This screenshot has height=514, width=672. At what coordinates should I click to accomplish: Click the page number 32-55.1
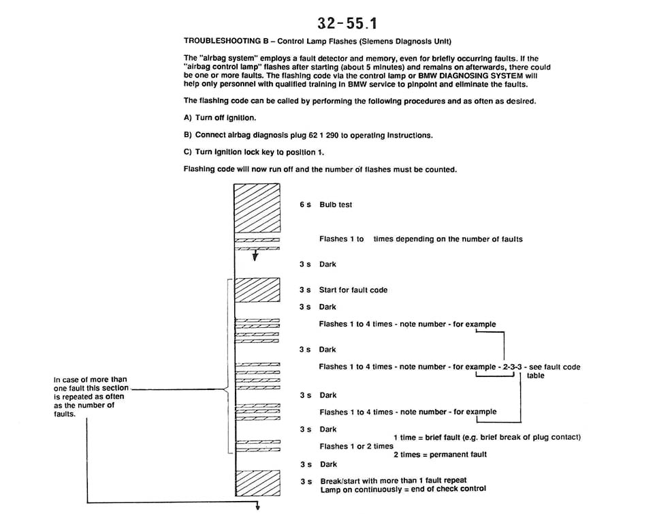tap(347, 23)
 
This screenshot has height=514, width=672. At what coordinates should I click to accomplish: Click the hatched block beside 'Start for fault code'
tap(257, 290)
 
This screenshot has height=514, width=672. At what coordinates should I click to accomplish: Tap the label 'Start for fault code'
tap(353, 290)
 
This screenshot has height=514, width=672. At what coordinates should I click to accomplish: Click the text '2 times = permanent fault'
tap(440, 454)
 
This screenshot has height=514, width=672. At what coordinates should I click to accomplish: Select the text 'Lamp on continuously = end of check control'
tap(403, 489)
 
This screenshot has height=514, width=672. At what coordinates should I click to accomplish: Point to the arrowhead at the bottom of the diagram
tap(258, 507)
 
